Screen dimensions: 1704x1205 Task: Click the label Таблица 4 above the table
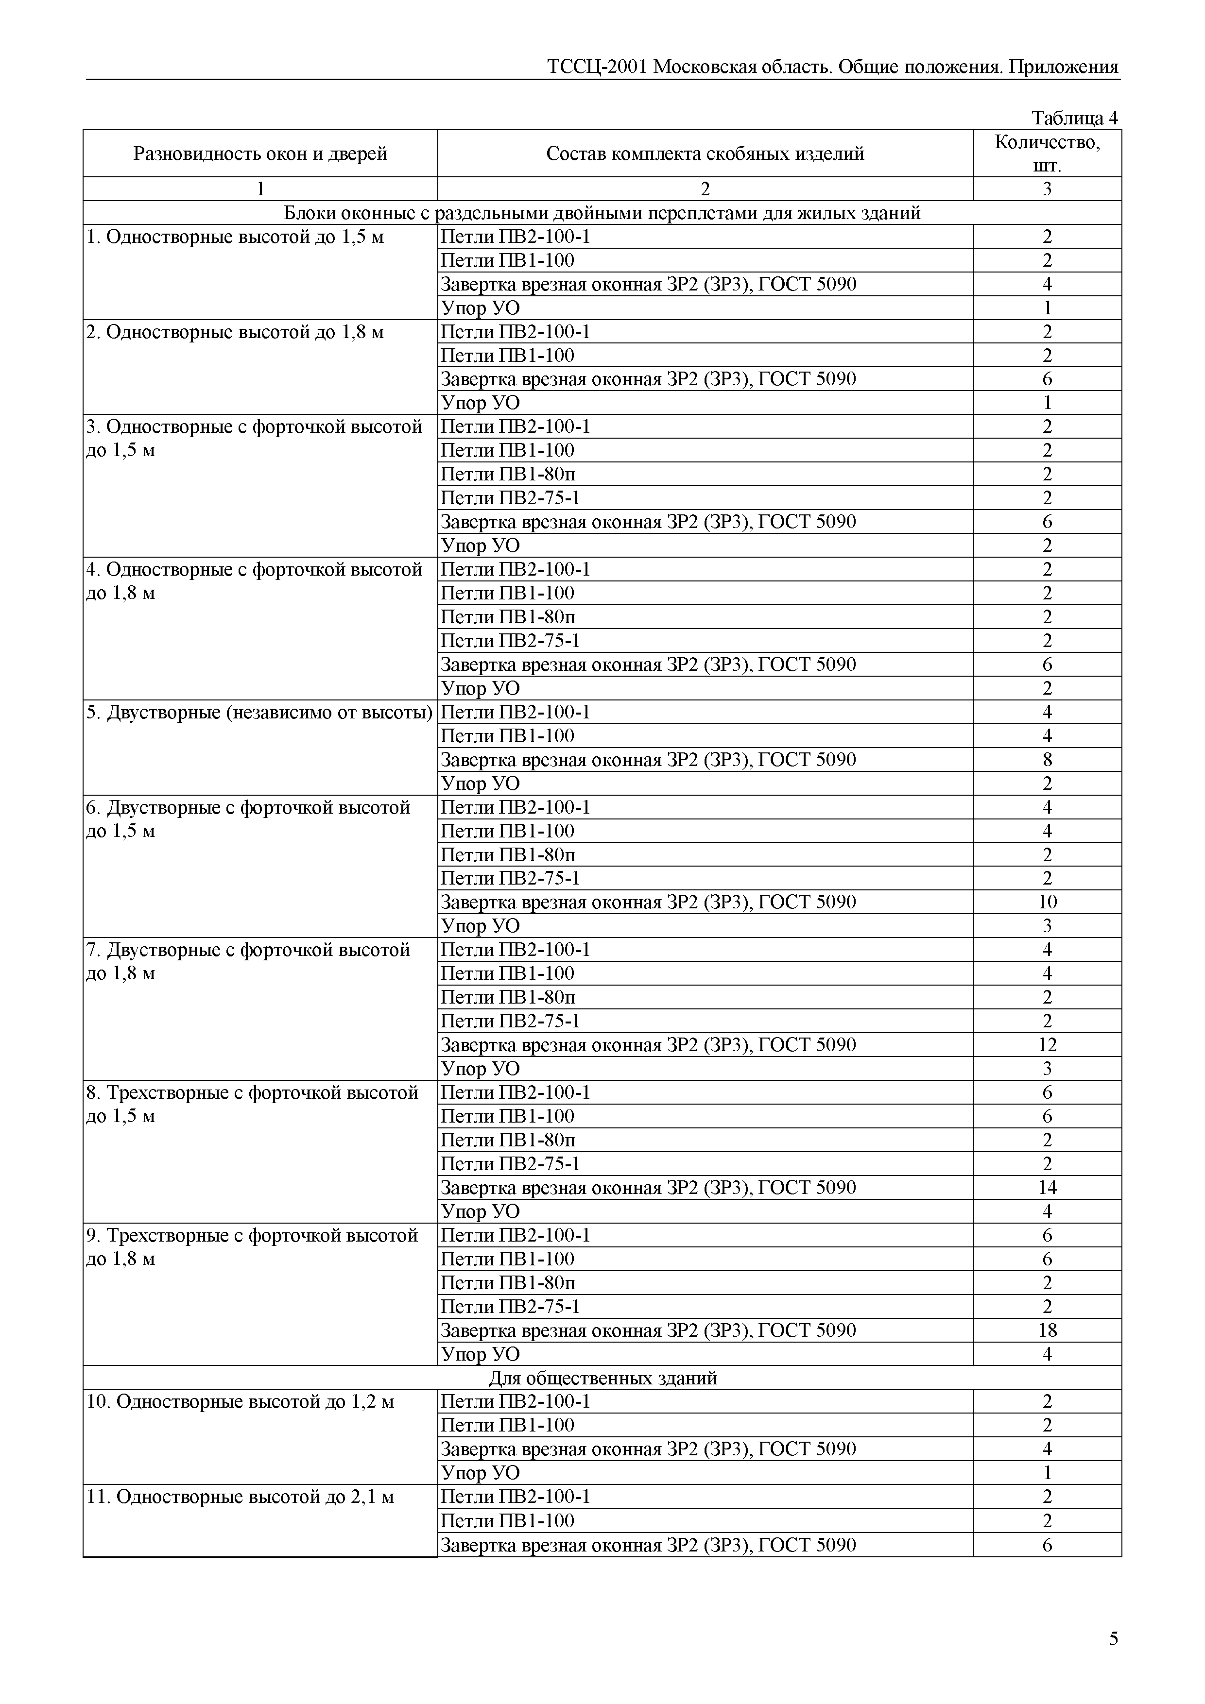pyautogui.click(x=1074, y=118)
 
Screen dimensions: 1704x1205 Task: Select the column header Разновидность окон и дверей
pyautogui.click(x=260, y=153)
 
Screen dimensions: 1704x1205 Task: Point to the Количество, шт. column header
pyautogui.click(x=1047, y=153)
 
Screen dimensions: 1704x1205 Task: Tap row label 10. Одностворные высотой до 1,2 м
pyautogui.click(x=240, y=1401)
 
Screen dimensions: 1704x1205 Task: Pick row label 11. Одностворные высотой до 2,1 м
pyautogui.click(x=240, y=1496)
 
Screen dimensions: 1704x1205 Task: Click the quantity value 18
pyautogui.click(x=1047, y=1330)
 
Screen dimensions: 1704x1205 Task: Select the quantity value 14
pyautogui.click(x=1047, y=1188)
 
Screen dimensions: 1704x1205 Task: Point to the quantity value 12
pyautogui.click(x=1047, y=1045)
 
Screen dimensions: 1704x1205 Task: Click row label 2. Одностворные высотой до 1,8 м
pyautogui.click(x=235, y=332)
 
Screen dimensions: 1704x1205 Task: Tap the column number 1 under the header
pyautogui.click(x=260, y=189)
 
